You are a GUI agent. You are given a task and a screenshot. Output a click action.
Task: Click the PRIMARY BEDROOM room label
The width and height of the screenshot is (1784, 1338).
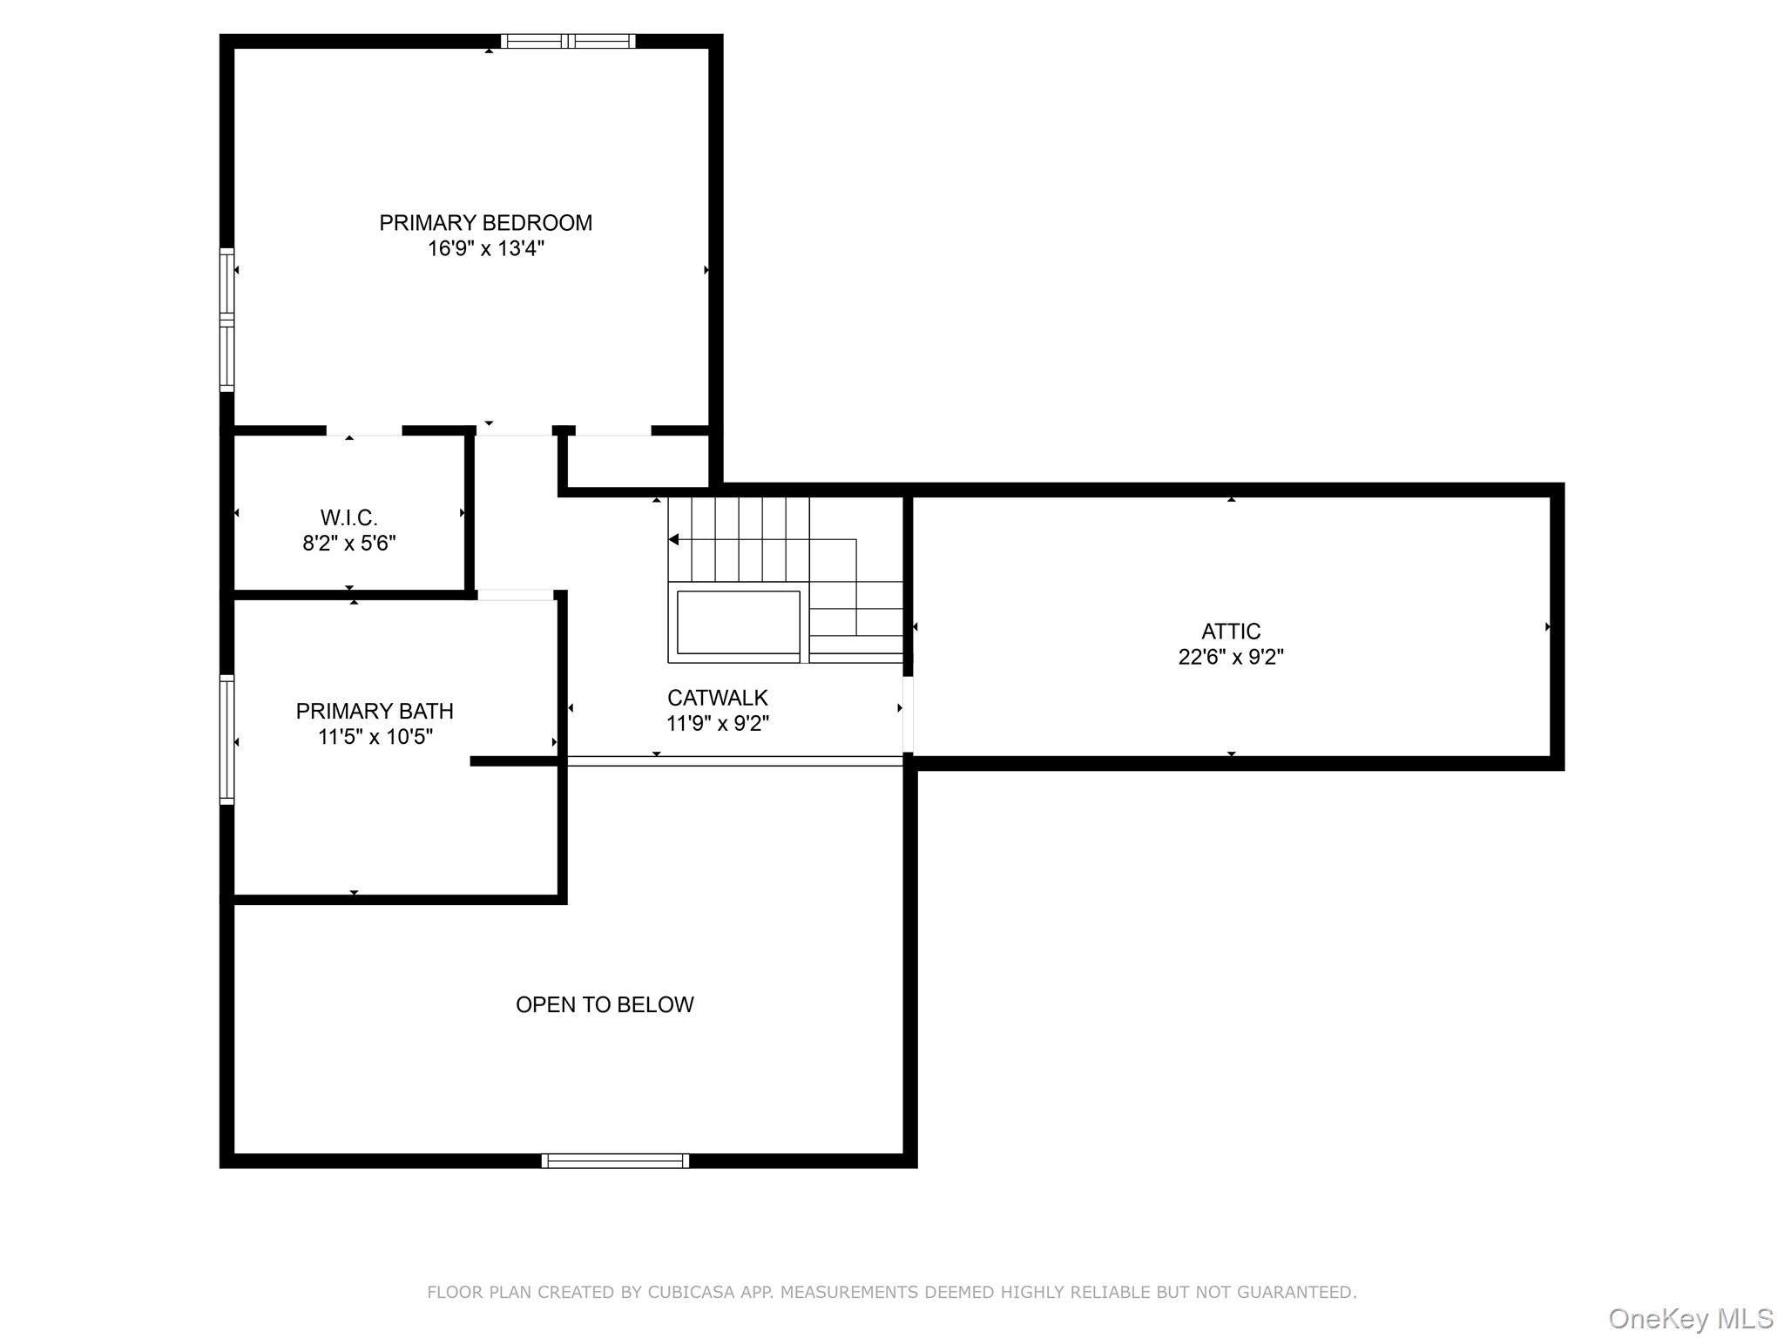(x=485, y=223)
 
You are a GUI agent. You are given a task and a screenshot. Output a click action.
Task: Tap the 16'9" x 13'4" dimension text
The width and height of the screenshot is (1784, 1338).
(x=485, y=249)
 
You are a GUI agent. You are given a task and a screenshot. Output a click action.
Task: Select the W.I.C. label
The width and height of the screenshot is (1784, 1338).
(x=348, y=518)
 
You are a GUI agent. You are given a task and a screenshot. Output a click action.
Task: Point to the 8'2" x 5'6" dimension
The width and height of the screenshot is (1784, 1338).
(x=348, y=544)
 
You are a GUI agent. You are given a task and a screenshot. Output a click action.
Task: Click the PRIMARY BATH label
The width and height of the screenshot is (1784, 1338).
(x=375, y=712)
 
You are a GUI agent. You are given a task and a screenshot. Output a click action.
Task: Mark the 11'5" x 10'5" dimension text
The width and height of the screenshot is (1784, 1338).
(x=375, y=737)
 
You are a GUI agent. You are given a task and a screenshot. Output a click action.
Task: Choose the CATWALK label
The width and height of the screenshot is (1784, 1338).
(x=717, y=698)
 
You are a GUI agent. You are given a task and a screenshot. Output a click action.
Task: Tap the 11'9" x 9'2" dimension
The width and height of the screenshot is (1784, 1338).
(x=717, y=723)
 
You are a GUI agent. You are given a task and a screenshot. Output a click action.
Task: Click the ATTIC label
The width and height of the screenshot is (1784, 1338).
(x=1230, y=632)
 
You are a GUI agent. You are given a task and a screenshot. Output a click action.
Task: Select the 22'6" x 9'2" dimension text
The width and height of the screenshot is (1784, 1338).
(x=1230, y=657)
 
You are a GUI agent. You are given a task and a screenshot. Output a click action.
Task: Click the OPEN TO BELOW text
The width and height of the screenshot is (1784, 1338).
(x=605, y=1004)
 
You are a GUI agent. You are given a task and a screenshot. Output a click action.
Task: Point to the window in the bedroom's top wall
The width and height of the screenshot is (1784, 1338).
(x=568, y=41)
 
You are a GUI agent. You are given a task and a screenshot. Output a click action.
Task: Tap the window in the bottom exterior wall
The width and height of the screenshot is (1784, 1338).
(x=615, y=1160)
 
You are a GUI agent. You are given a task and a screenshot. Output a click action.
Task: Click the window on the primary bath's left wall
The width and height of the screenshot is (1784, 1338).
(x=226, y=739)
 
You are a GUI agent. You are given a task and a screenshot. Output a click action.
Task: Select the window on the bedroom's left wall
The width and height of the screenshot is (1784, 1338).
(x=226, y=320)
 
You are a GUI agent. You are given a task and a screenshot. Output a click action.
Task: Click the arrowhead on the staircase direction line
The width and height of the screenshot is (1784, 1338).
(x=673, y=540)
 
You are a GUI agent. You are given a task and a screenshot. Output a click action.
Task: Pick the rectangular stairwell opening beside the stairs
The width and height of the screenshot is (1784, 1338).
(x=738, y=622)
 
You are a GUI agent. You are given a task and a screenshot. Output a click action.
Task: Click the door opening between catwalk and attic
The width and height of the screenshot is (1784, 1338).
(x=907, y=714)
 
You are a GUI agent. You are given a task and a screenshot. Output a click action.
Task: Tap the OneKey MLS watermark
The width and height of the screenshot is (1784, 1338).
(x=1690, y=1319)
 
